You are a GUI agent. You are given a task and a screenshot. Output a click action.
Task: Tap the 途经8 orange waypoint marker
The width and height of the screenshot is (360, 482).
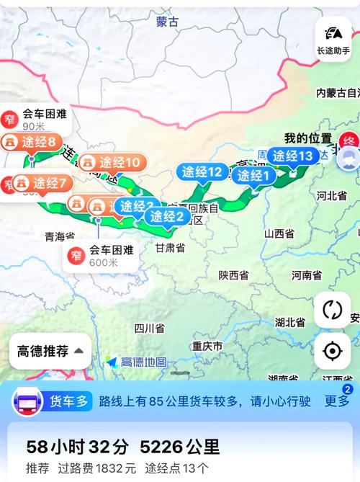coord(32,141)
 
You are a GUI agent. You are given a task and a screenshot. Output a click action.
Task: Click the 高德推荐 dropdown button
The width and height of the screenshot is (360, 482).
coord(50,352)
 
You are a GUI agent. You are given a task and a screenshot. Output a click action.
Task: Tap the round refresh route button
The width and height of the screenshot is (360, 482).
coord(333,310)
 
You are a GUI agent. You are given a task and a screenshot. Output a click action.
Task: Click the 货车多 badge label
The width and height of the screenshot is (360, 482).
coord(68,401)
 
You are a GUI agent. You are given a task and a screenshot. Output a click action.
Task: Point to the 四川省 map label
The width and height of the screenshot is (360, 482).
coord(149,329)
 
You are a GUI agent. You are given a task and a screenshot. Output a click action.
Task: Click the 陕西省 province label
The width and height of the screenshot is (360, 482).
coord(234,275)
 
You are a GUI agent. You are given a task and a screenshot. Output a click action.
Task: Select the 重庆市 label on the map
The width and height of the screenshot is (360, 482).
coord(207,347)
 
